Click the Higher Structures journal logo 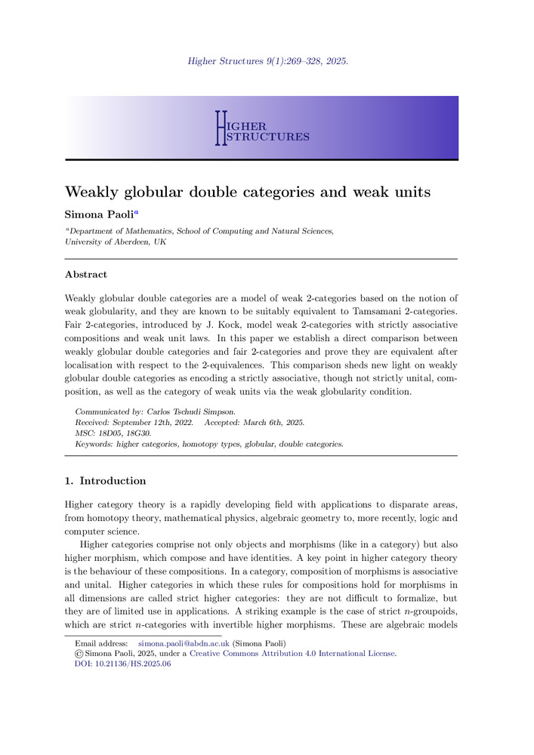pos(261,128)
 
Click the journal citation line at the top pos(267,61)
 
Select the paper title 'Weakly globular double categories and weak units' pos(248,192)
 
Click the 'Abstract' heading pos(86,275)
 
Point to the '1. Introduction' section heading pos(106,481)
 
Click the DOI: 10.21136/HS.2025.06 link pos(118,664)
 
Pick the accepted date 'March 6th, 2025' pos(274,423)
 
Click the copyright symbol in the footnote pos(79,654)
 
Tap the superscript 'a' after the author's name pos(136,213)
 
